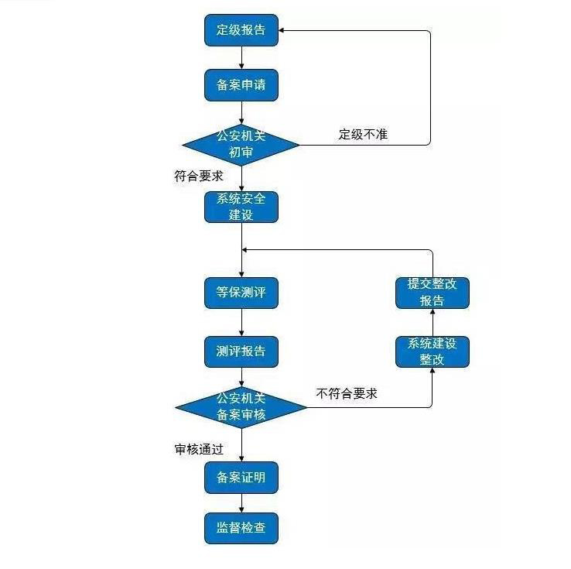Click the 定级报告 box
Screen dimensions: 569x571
(241, 31)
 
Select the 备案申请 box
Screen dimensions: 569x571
(241, 84)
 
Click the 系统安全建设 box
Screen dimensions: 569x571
(241, 207)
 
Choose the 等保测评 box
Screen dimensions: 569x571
(241, 293)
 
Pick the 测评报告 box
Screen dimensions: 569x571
(241, 351)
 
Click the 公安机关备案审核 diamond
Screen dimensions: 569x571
(241, 406)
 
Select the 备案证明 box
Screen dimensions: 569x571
(241, 478)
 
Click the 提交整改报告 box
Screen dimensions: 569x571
(432, 292)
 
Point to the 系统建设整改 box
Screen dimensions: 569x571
(432, 351)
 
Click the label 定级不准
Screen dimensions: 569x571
(363, 134)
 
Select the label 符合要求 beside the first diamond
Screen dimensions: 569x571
(199, 176)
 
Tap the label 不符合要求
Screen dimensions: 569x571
(347, 394)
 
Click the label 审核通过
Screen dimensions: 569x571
(199, 449)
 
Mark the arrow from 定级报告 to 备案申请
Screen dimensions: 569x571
(242, 57)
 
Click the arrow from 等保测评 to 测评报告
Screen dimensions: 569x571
(242, 323)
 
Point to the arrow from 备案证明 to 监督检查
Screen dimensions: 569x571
(242, 503)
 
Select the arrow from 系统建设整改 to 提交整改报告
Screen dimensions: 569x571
(432, 322)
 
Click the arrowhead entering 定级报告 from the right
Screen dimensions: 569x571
(282, 31)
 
